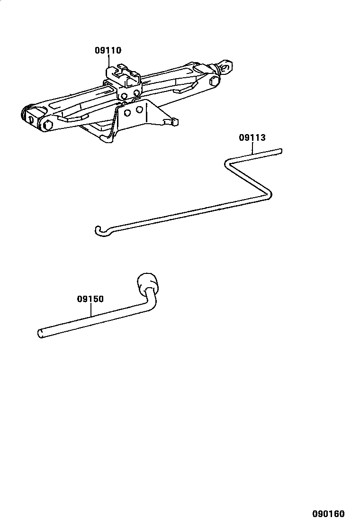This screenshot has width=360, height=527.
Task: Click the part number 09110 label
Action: pyautogui.click(x=108, y=50)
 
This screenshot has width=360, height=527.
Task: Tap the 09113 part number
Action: pyautogui.click(x=252, y=138)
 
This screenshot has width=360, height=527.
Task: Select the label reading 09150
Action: pyautogui.click(x=90, y=299)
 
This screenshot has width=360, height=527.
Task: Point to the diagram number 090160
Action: pyautogui.click(x=328, y=514)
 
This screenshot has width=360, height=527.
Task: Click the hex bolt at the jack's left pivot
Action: pyautogui.click(x=47, y=126)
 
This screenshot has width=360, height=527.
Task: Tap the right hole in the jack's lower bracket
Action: pyautogui.click(x=139, y=109)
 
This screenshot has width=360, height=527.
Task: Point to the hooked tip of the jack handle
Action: pyautogui.click(x=97, y=231)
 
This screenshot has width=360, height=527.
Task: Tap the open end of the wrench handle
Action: pyautogui.click(x=40, y=333)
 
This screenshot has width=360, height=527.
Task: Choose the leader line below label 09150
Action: pyautogui.click(x=91, y=310)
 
